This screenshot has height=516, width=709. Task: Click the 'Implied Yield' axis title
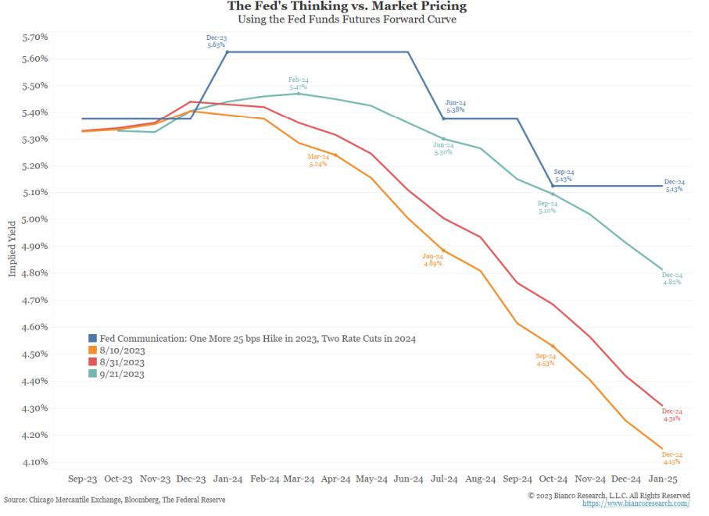(13, 247)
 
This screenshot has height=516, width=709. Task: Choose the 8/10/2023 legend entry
(122, 351)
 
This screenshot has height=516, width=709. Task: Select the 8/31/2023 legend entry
(122, 362)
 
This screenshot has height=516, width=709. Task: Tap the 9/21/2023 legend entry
(122, 374)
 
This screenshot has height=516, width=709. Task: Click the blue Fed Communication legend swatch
(92, 339)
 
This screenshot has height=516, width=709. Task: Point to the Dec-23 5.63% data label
(217, 41)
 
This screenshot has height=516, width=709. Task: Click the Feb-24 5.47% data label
(298, 84)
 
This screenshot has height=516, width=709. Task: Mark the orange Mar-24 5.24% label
(317, 161)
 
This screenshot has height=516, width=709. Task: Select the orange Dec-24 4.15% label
(672, 458)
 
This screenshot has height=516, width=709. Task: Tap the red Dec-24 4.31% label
(671, 415)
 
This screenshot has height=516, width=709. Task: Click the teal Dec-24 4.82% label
(671, 279)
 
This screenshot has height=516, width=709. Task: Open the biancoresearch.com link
(636, 504)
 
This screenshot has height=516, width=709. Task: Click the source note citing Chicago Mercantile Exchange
(114, 500)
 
